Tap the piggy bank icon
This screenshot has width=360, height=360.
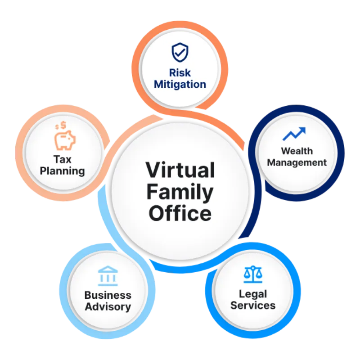pyautogui.click(x=65, y=140)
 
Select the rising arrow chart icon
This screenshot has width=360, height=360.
pyautogui.click(x=294, y=134)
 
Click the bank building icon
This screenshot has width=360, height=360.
pyautogui.click(x=108, y=275)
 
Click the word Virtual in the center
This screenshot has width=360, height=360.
pyautogui.click(x=180, y=171)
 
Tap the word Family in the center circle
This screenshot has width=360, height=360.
pyautogui.click(x=180, y=192)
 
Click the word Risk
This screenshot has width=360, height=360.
pyautogui.click(x=180, y=72)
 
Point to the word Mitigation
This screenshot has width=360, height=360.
pyautogui.click(x=180, y=84)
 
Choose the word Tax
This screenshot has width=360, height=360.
pyautogui.click(x=62, y=159)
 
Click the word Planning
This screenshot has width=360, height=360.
pyautogui.click(x=62, y=171)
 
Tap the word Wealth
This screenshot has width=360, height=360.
pyautogui.click(x=297, y=151)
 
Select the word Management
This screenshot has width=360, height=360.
pyautogui.click(x=297, y=162)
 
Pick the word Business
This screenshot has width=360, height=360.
pyautogui.click(x=108, y=295)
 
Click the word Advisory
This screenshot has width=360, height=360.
pyautogui.click(x=108, y=307)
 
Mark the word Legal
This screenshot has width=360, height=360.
pyautogui.click(x=252, y=294)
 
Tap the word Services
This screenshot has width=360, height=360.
pyautogui.click(x=252, y=306)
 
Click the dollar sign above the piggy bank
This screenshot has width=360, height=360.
pyautogui.click(x=63, y=124)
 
